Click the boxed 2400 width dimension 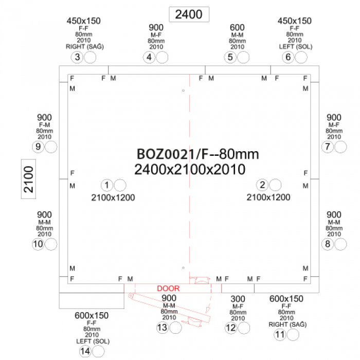point(189,14)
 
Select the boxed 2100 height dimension point(28,179)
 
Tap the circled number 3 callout point(77,57)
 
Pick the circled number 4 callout point(149,57)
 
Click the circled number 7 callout point(328,147)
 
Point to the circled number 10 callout point(38,244)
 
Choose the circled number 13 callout point(163,328)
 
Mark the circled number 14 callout point(85,351)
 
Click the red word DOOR point(168,289)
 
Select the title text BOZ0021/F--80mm point(197,154)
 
